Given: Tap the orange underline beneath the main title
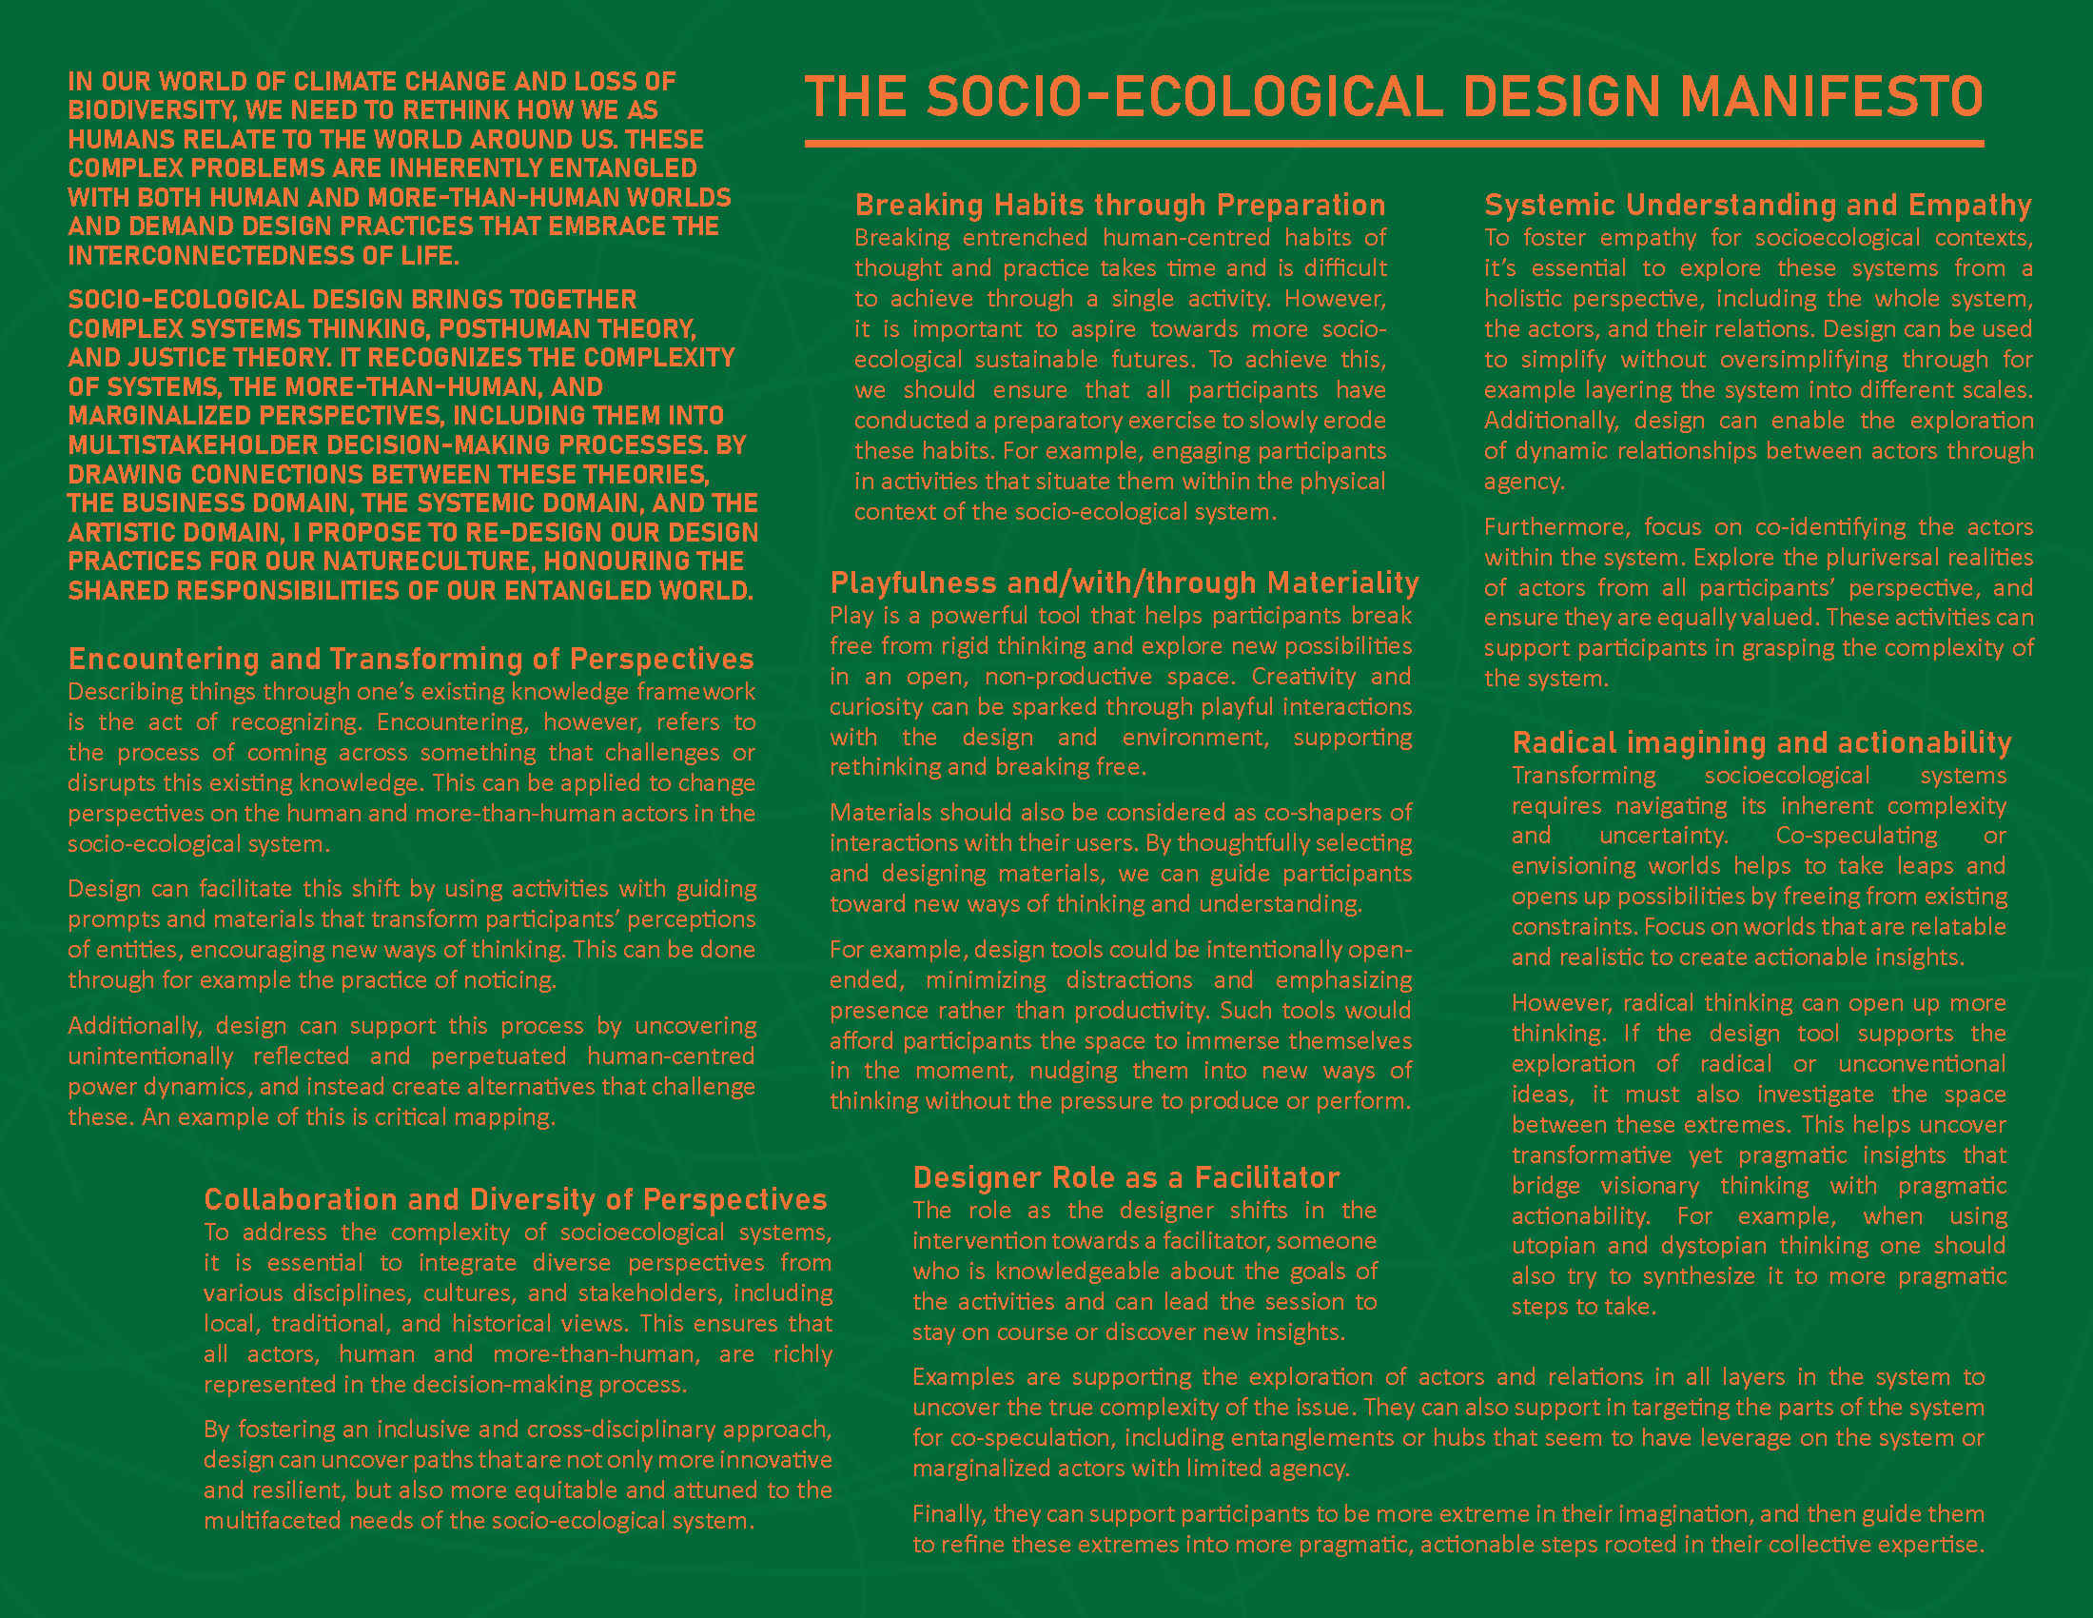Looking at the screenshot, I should click(x=1394, y=144).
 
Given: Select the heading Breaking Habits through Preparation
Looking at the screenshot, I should click(x=1120, y=206).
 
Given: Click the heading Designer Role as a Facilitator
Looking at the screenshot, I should click(x=1126, y=1177).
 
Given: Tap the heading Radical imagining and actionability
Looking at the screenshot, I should click(x=1761, y=743).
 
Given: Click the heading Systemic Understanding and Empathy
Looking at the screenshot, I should click(x=1757, y=206).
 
